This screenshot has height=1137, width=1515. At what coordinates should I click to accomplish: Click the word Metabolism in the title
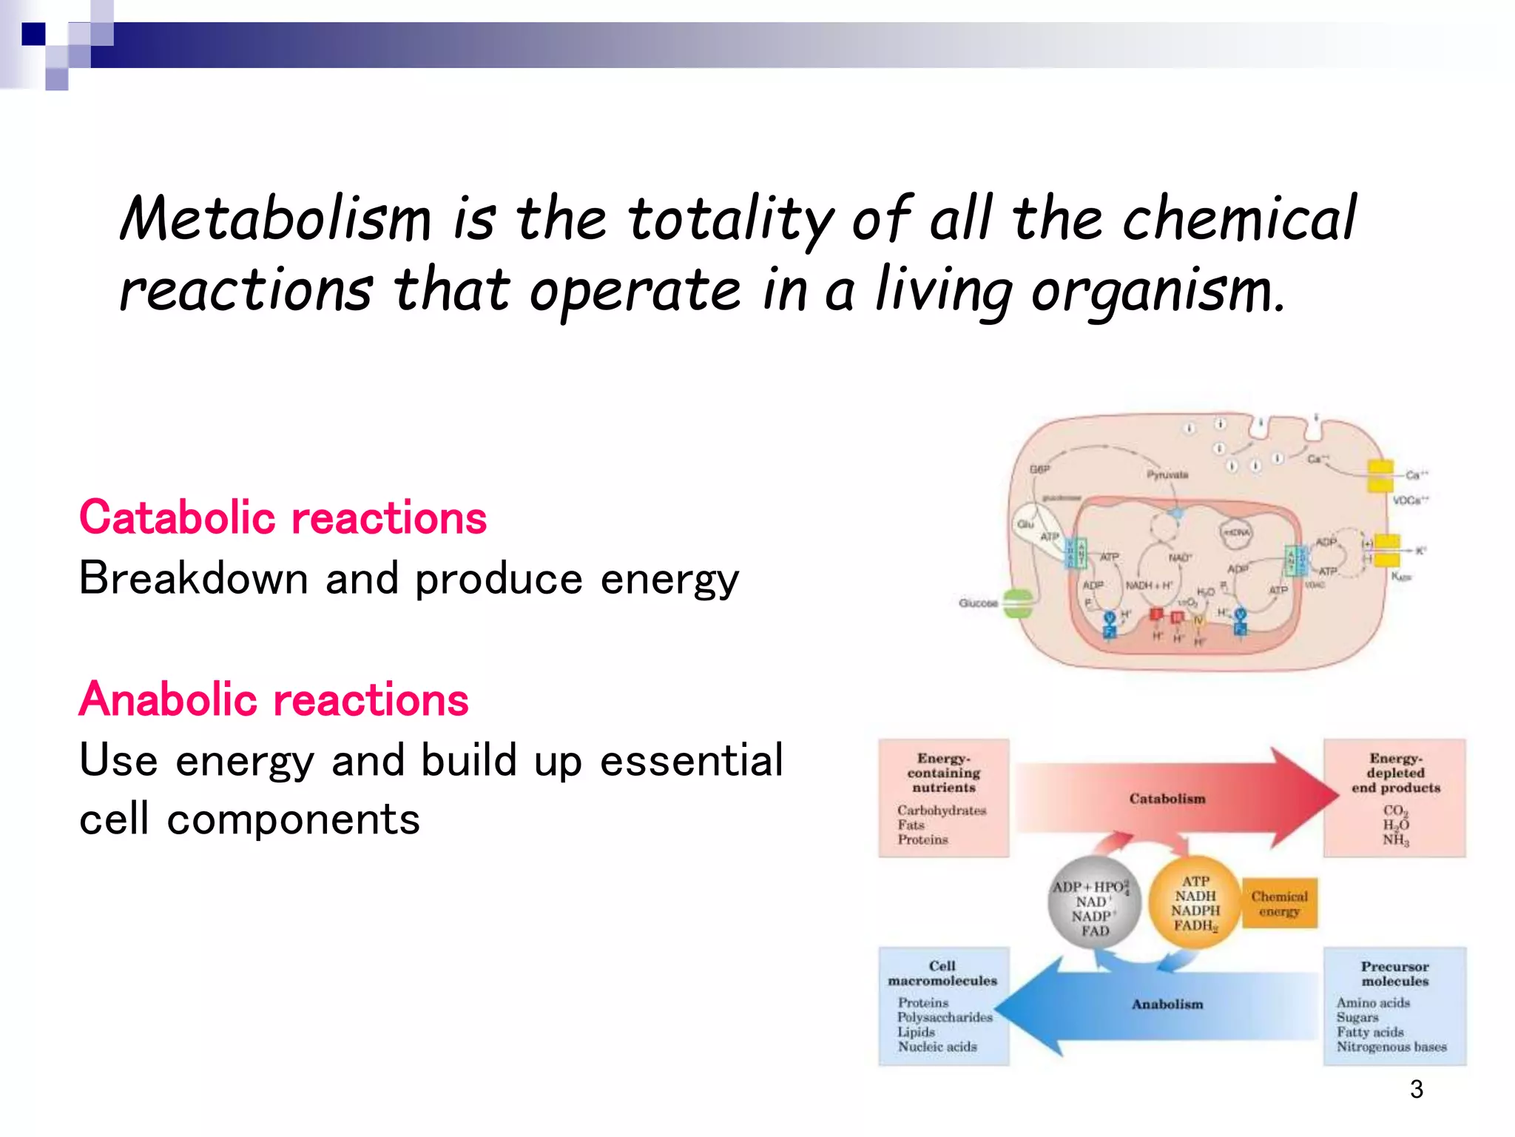coord(275,220)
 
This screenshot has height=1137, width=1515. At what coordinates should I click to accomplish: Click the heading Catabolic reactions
coord(283,517)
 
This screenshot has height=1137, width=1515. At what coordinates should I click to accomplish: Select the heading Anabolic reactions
coord(274,700)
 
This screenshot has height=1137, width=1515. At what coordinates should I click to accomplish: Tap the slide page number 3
coord(1416,1089)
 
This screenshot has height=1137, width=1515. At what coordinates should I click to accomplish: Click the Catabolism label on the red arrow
coord(1167,799)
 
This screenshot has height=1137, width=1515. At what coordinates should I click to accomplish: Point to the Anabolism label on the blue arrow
coord(1167,1004)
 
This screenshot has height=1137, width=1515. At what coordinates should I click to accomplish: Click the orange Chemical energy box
coord(1279,903)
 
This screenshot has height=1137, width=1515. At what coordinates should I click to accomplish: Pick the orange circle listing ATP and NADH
coord(1195,903)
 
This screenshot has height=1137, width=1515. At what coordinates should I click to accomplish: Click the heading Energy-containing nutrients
coord(944,773)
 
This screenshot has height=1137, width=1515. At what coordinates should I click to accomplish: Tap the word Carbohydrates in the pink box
coord(942,811)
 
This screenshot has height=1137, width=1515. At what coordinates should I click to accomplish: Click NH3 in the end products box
coord(1395,840)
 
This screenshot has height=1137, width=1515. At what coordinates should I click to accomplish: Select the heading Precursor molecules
coord(1394,973)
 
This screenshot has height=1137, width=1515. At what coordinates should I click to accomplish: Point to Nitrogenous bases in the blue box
coord(1391,1047)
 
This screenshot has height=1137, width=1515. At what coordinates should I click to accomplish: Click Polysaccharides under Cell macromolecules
coord(945,1017)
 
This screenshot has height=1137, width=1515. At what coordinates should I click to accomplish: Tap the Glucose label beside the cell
coord(977,603)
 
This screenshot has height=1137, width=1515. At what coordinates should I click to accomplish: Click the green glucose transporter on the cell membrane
coord(1018,603)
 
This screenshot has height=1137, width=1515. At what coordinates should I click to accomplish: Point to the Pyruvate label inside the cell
coord(1167,474)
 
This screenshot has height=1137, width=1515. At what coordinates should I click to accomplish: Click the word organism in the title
coord(1158,291)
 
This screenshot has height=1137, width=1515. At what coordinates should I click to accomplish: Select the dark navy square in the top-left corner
coord(33,34)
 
